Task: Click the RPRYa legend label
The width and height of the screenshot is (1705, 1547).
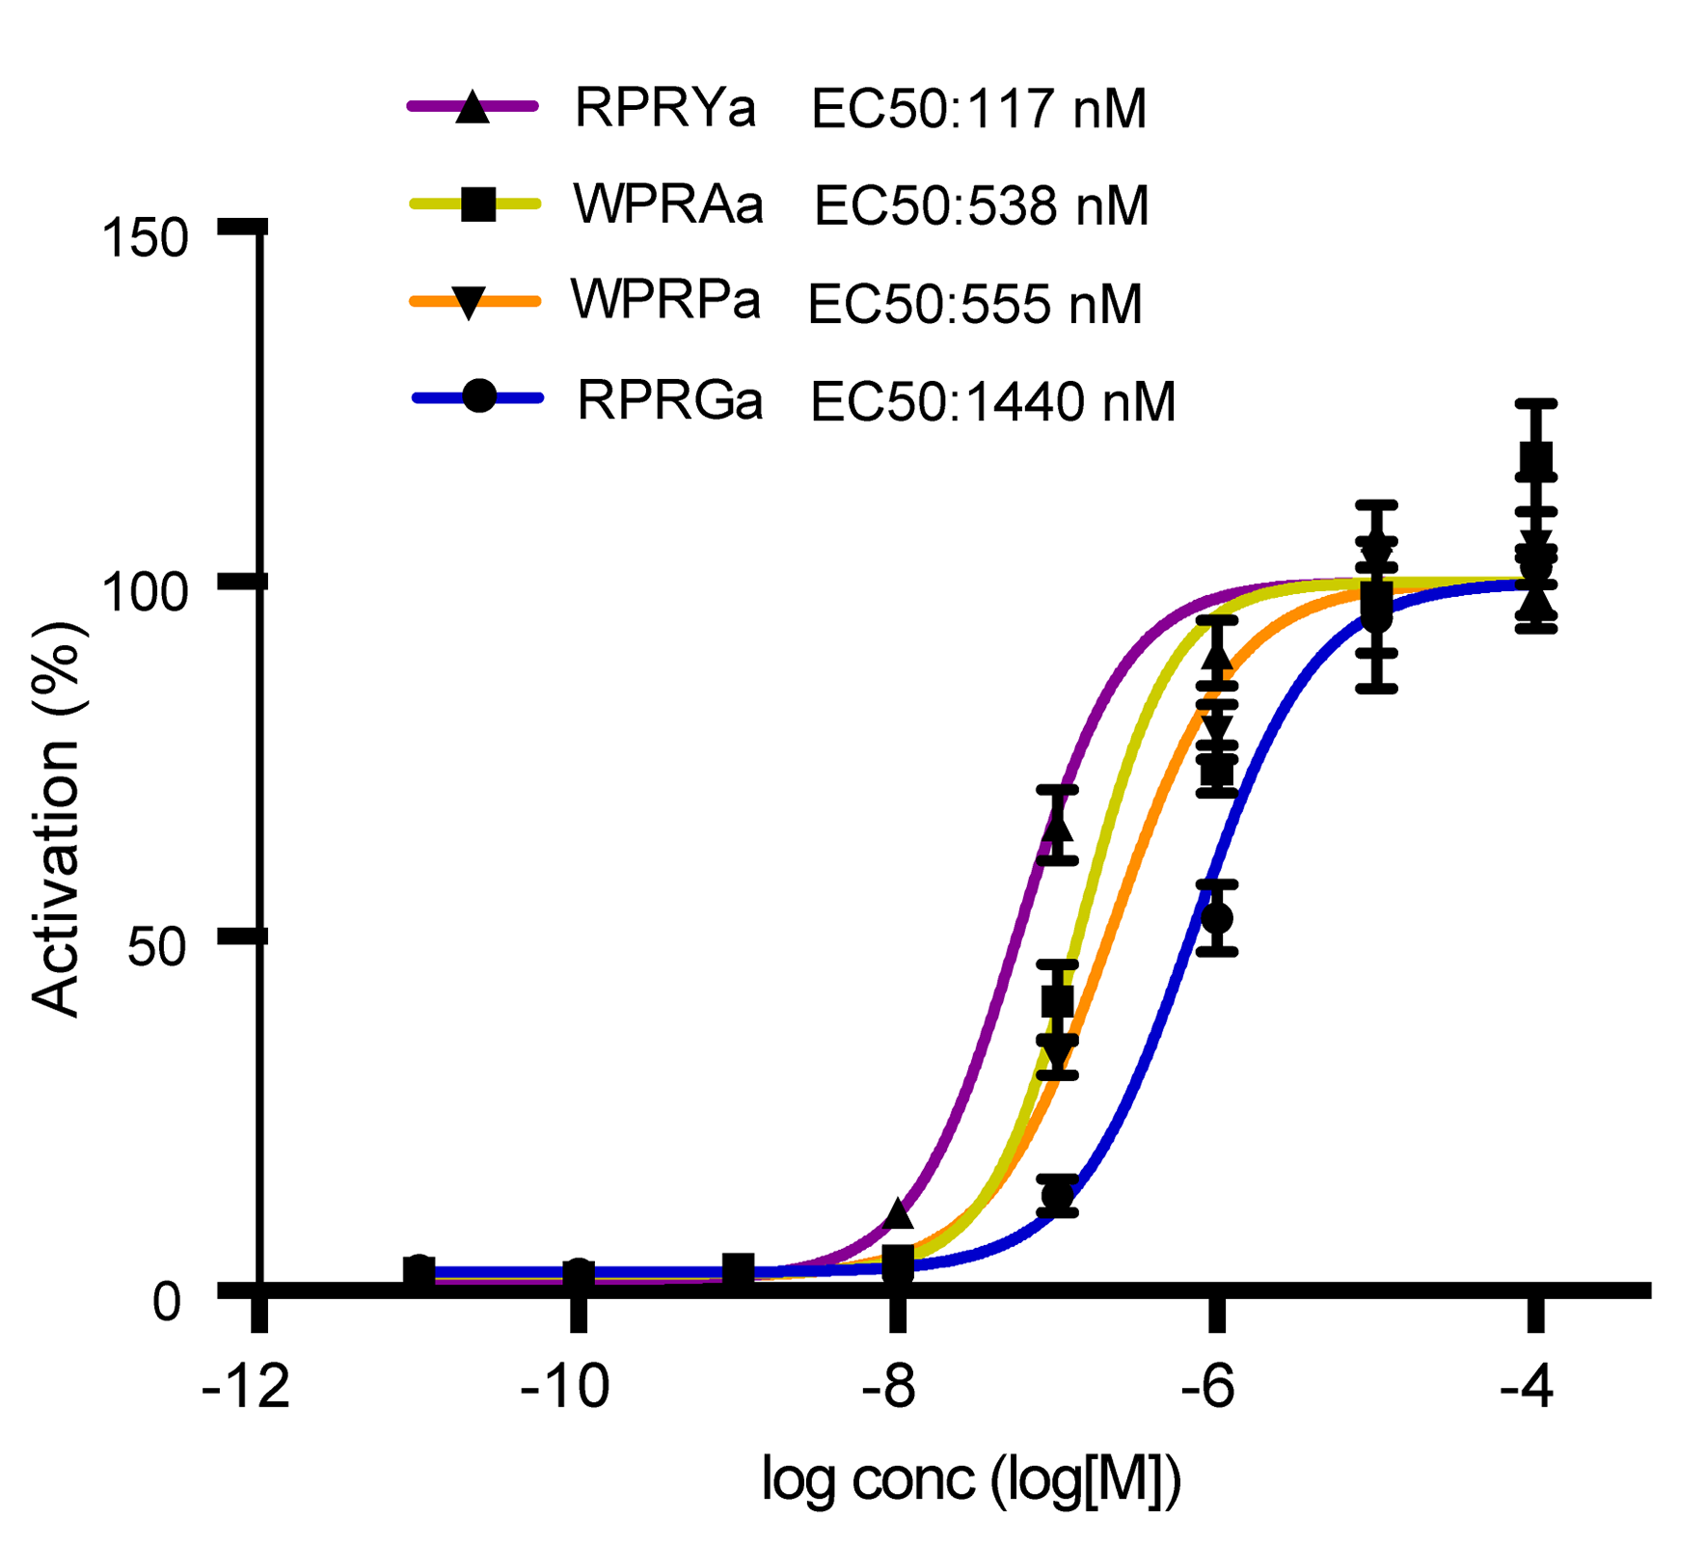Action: point(664,108)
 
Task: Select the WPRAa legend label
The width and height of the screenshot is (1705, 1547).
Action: point(668,204)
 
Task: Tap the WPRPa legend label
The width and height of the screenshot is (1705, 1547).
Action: point(665,301)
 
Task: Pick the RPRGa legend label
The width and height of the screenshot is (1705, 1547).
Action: point(670,400)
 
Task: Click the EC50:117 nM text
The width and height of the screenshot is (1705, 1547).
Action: point(979,109)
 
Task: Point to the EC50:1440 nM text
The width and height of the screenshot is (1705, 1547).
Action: point(993,402)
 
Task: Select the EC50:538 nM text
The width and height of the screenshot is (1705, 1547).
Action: point(982,206)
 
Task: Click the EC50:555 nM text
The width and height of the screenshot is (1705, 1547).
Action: point(975,305)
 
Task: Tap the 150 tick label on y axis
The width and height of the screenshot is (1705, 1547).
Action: point(146,237)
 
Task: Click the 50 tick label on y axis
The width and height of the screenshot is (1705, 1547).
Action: point(156,947)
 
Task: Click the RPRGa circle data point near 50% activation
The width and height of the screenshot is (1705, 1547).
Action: point(1217,918)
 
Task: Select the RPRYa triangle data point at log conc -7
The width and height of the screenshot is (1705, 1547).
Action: point(1058,826)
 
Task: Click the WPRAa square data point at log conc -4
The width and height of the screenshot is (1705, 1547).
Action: point(1536,460)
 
